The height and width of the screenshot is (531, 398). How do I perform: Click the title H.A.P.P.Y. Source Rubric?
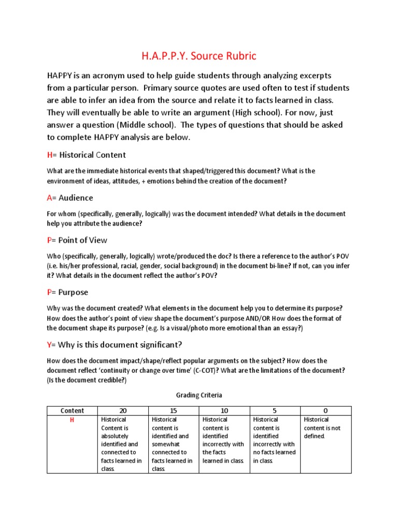pos(198,55)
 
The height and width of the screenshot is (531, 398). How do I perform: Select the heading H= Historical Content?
pos(86,155)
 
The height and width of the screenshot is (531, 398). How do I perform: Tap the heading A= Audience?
pos(70,198)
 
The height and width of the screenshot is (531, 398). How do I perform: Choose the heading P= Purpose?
pos(67,292)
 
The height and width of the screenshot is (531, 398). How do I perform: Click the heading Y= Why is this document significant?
pos(115,344)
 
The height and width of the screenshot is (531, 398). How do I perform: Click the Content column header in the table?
pos(72,411)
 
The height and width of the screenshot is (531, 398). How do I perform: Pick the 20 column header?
pos(122,411)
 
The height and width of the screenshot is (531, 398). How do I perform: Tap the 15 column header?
pos(173,411)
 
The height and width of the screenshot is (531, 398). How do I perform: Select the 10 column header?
pos(224,411)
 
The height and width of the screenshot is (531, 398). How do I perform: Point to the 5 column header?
pos(275,411)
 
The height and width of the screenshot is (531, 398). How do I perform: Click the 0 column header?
pos(325,411)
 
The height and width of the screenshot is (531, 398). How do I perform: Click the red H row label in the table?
pos(72,420)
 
